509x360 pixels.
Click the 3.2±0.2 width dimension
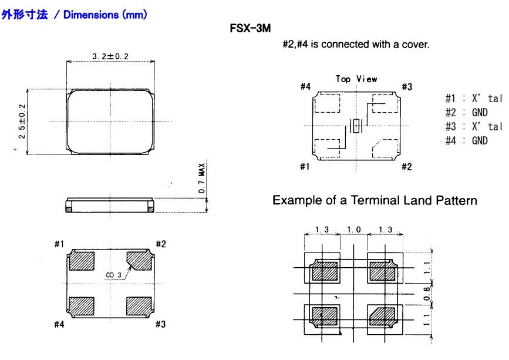[x=110, y=56]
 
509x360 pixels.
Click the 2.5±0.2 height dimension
[x=22, y=121]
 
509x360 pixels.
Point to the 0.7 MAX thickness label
[x=201, y=180]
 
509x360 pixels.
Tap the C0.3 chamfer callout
[x=114, y=275]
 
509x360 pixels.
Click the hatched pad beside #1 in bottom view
[x=82, y=260]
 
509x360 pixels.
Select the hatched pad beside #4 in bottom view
[x=82, y=306]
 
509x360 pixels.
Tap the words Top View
[x=356, y=79]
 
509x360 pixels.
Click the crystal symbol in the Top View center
[x=355, y=125]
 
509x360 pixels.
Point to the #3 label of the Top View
[x=407, y=87]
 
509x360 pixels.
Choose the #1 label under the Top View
[x=305, y=167]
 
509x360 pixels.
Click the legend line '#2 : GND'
[x=466, y=113]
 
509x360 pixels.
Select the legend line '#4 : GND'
[x=466, y=141]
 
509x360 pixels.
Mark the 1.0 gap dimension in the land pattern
[x=353, y=229]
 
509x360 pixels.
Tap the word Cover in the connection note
[x=415, y=45]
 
